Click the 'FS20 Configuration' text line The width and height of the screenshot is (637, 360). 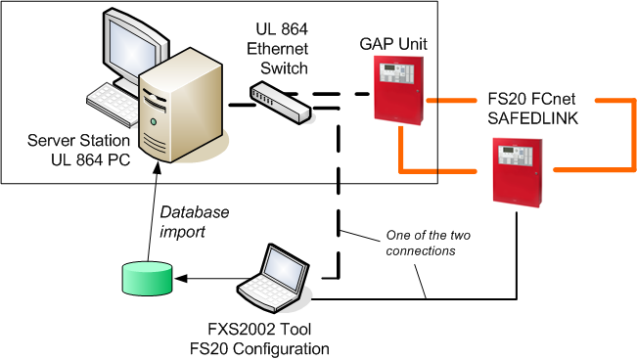pyautogui.click(x=269, y=348)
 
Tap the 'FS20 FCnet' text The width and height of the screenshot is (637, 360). pyautogui.click(x=528, y=100)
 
